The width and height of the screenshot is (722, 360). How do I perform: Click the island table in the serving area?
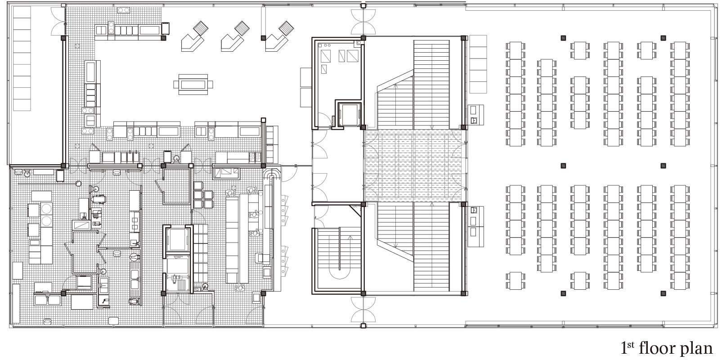click(193, 85)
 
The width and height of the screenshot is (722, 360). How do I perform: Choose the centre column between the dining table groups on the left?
click(563, 166)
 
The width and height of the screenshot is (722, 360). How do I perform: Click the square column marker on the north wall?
click(363, 5)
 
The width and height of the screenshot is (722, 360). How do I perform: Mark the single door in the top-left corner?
click(58, 22)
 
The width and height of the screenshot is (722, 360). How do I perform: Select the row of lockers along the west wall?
click(22, 58)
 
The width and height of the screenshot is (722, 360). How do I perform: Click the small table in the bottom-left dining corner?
click(516, 281)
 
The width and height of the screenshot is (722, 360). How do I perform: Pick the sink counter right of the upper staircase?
click(476, 115)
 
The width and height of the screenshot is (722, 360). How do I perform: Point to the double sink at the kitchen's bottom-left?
click(47, 300)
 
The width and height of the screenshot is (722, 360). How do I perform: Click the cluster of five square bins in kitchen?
click(203, 195)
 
